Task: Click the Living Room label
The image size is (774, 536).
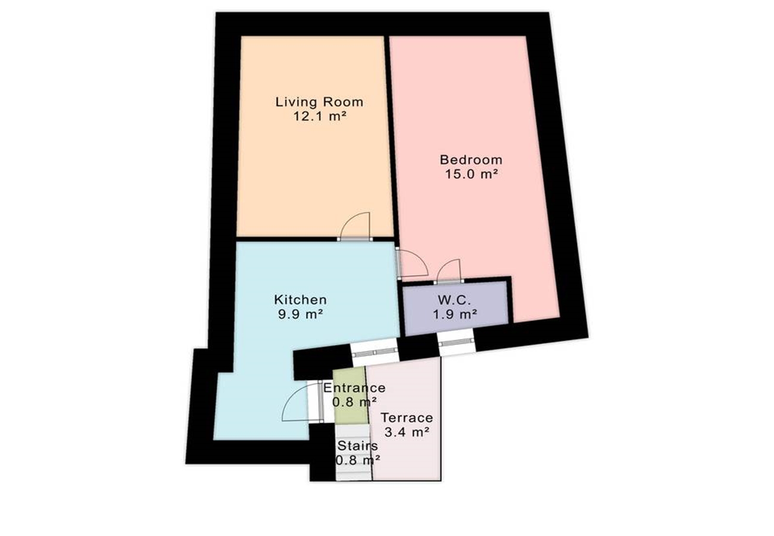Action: tap(319, 102)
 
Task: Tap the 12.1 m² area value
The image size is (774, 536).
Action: tap(320, 116)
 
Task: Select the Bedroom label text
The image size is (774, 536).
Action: tap(471, 160)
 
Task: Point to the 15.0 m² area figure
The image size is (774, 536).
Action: tap(471, 174)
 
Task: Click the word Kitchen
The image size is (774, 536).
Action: tap(300, 300)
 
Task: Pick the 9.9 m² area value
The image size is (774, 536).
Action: tap(300, 314)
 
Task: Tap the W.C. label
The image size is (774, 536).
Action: tap(454, 300)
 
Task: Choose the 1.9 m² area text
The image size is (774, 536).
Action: tap(455, 314)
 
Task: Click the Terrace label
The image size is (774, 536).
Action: tap(407, 418)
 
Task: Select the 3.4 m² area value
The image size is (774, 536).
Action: tap(407, 432)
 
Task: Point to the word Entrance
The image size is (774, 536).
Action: tap(354, 388)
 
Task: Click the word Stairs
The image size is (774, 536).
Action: tap(357, 445)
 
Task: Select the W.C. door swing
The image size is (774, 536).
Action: tap(449, 272)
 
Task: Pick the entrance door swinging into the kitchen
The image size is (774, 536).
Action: tap(301, 402)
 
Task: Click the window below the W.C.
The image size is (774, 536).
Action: tap(456, 342)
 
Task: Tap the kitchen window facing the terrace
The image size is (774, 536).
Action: tap(375, 352)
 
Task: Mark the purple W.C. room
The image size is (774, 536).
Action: tap(455, 308)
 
